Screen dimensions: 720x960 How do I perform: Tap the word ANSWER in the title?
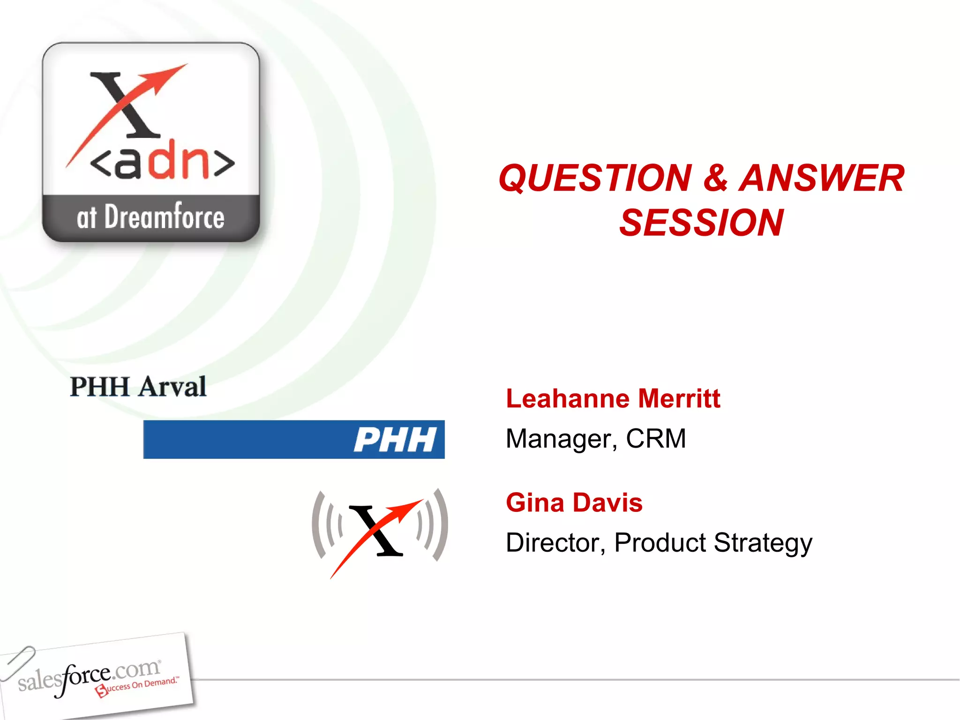coord(821,179)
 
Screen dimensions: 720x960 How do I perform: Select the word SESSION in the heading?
coord(701,223)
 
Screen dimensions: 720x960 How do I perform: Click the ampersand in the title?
coord(715,179)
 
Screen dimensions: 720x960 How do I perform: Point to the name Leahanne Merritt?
coord(613,399)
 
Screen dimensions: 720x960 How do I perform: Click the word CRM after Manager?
coord(656,439)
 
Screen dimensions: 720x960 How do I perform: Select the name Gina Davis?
coord(574,503)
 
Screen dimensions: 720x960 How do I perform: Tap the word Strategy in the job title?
coord(763,544)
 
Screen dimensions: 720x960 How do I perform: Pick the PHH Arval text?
coord(138,387)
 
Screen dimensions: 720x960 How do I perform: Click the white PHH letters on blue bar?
coord(395,440)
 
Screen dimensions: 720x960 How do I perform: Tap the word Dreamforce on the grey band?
coord(164,217)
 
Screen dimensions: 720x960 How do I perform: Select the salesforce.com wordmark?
coord(89,675)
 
